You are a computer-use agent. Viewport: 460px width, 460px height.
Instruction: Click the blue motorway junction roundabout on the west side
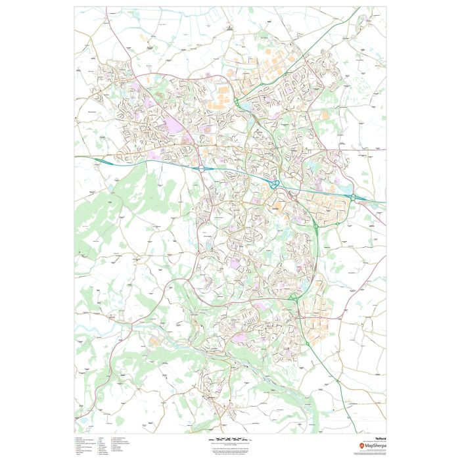tap(202, 168)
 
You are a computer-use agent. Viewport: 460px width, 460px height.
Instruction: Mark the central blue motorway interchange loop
tap(274, 185)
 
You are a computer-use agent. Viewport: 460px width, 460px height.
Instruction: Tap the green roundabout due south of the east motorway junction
tap(317, 227)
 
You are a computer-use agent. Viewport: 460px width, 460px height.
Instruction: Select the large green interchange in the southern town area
tap(294, 300)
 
